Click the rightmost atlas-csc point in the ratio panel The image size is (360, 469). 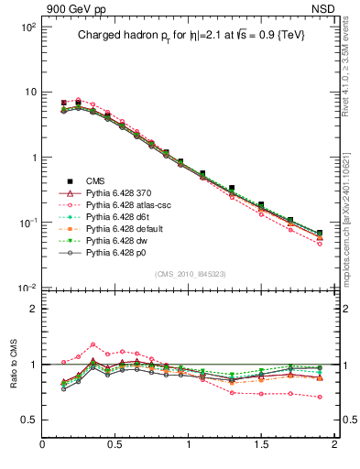pyautogui.click(x=320, y=397)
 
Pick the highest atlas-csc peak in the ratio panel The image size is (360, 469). pyautogui.click(x=93, y=345)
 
